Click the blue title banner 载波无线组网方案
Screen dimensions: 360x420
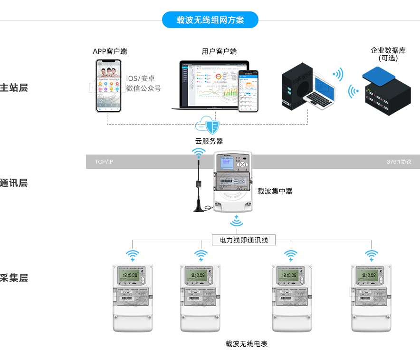click(210, 20)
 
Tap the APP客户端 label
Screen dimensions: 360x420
click(110, 51)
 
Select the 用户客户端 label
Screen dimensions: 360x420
click(220, 51)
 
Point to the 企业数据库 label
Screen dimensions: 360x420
click(388, 50)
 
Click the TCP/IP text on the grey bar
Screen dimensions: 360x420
click(104, 162)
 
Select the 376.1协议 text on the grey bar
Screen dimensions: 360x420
click(399, 162)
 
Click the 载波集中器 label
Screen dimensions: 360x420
click(275, 191)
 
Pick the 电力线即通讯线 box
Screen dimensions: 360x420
click(243, 240)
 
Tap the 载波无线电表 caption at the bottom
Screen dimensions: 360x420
click(247, 343)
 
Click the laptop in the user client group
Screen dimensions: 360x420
click(210, 86)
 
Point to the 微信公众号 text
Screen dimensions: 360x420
click(143, 88)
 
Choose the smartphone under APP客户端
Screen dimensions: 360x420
click(109, 86)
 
